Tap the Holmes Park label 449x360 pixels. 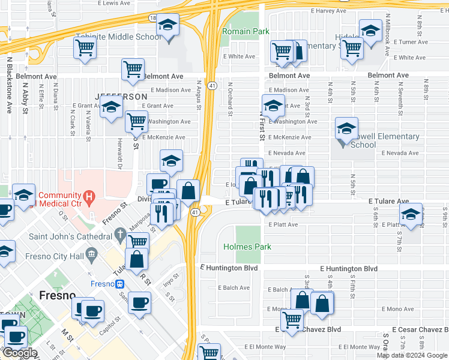pos(247,247)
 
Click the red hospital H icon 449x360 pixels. pos(89,196)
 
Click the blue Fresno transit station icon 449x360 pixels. pos(120,284)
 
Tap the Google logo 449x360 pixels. pos(19,353)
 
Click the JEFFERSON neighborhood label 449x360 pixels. pos(121,97)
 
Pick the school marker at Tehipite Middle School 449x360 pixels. pos(167,26)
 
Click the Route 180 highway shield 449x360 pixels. pos(153,19)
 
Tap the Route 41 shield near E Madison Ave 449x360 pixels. pos(212,86)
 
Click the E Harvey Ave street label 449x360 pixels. pos(328,11)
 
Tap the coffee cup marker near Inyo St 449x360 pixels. pos(140,303)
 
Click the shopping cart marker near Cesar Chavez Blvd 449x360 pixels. pos(292,320)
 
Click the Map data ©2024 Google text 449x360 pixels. pos(412,355)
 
